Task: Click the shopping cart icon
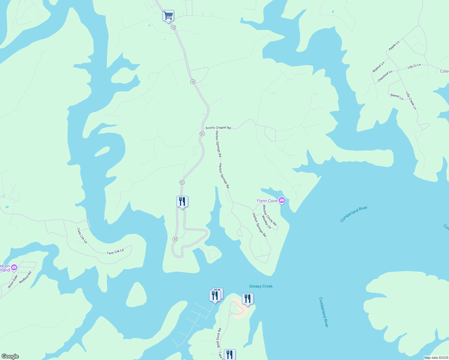tap(168, 15)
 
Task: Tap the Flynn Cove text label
tap(267, 201)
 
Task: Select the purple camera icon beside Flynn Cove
tap(282, 200)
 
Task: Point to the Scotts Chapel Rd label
tap(218, 128)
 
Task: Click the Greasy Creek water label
tap(261, 286)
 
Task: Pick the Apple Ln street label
tap(394, 46)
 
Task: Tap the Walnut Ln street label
tap(378, 67)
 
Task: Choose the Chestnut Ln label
tap(385, 76)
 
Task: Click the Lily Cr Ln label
tap(414, 66)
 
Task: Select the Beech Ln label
tap(397, 97)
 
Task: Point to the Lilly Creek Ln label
tap(411, 100)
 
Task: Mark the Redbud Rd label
tap(25, 277)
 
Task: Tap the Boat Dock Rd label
tap(219, 338)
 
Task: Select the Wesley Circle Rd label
tap(270, 215)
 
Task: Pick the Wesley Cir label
tap(266, 222)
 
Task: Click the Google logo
tap(10, 356)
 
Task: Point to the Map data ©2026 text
tap(436, 358)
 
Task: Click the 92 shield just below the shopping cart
tap(173, 27)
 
